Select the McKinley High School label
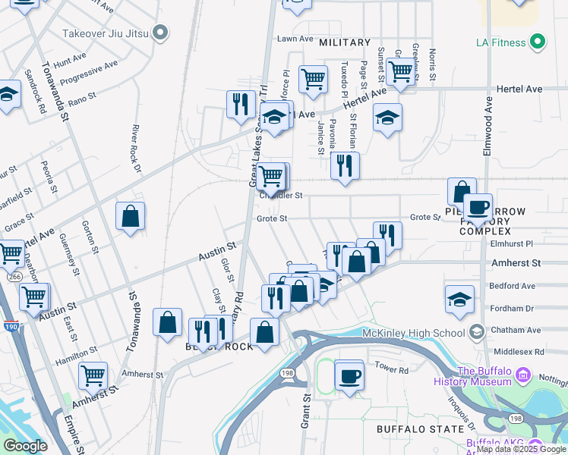coord(422,332)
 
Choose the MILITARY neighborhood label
coord(345,42)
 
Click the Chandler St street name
coord(281,196)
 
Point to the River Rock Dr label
coord(137,149)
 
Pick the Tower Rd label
coord(392,369)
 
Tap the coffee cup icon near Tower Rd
coord(349,375)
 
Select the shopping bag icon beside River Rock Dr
coord(131,216)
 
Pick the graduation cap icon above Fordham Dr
coord(459,300)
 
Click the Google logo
coord(26,446)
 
